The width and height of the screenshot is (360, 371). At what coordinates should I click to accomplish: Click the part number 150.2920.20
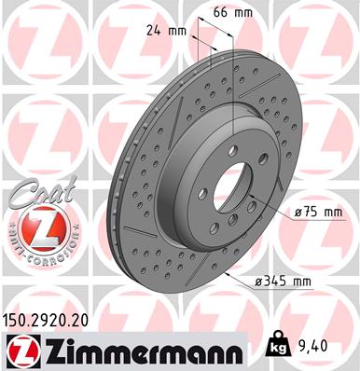tap(55, 319)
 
